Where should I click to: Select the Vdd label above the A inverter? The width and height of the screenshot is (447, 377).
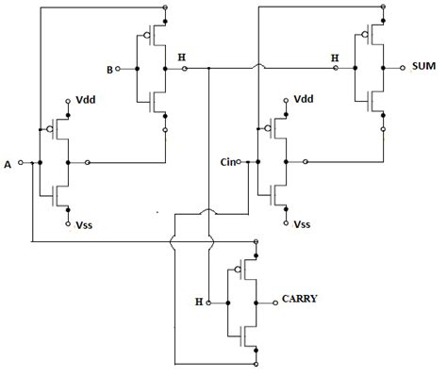pos(85,99)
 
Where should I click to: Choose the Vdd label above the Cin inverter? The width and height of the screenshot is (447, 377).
pos(303,99)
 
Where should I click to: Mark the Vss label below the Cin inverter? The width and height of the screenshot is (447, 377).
pos(303,225)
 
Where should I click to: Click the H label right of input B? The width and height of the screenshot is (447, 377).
pos(181,57)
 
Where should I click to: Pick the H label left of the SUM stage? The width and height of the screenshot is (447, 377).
pos(334,57)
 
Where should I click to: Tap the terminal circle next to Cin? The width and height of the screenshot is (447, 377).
pos(245,162)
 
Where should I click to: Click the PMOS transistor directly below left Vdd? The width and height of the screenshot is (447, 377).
pos(58,129)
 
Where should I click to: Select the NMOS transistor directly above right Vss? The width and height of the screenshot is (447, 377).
pos(277,193)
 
